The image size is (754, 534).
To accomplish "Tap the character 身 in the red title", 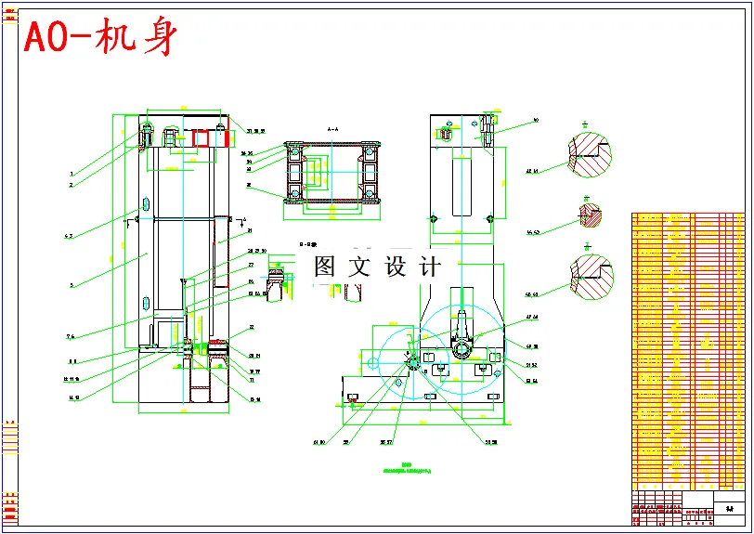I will tap(155, 38).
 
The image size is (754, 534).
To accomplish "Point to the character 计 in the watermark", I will tap(429, 267).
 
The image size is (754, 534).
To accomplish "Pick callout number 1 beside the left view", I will tap(71, 174).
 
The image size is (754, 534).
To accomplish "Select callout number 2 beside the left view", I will tap(71, 185).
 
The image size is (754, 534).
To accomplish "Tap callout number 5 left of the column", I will tap(71, 285).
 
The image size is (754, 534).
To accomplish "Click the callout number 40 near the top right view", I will tap(536, 121).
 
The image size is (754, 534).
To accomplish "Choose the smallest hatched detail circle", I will tap(588, 215).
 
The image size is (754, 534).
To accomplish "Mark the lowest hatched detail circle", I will tap(591, 278).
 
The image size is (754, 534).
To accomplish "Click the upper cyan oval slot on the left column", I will tap(146, 203).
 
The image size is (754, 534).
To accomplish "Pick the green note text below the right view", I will tap(406, 470).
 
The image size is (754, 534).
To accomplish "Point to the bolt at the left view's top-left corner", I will tap(146, 135).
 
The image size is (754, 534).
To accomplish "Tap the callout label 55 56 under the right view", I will tap(490, 442).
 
